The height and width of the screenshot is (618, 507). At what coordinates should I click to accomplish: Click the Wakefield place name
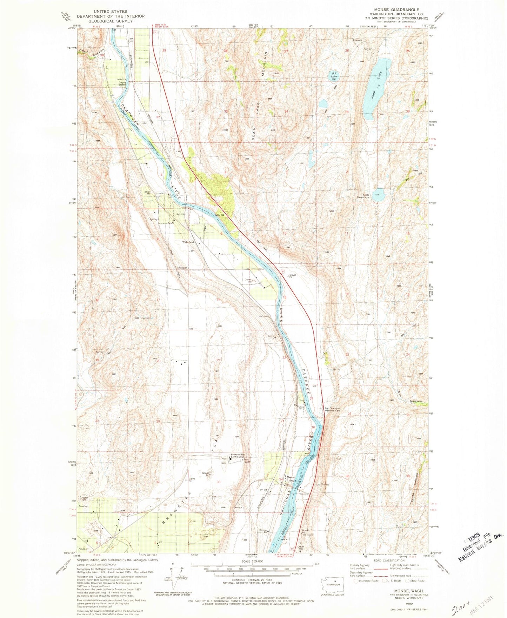pyautogui.click(x=188, y=242)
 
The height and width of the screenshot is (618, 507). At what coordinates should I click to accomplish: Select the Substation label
pyautogui.click(x=182, y=268)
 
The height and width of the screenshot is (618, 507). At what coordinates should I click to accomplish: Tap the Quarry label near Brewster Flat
pyautogui.click(x=238, y=508)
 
